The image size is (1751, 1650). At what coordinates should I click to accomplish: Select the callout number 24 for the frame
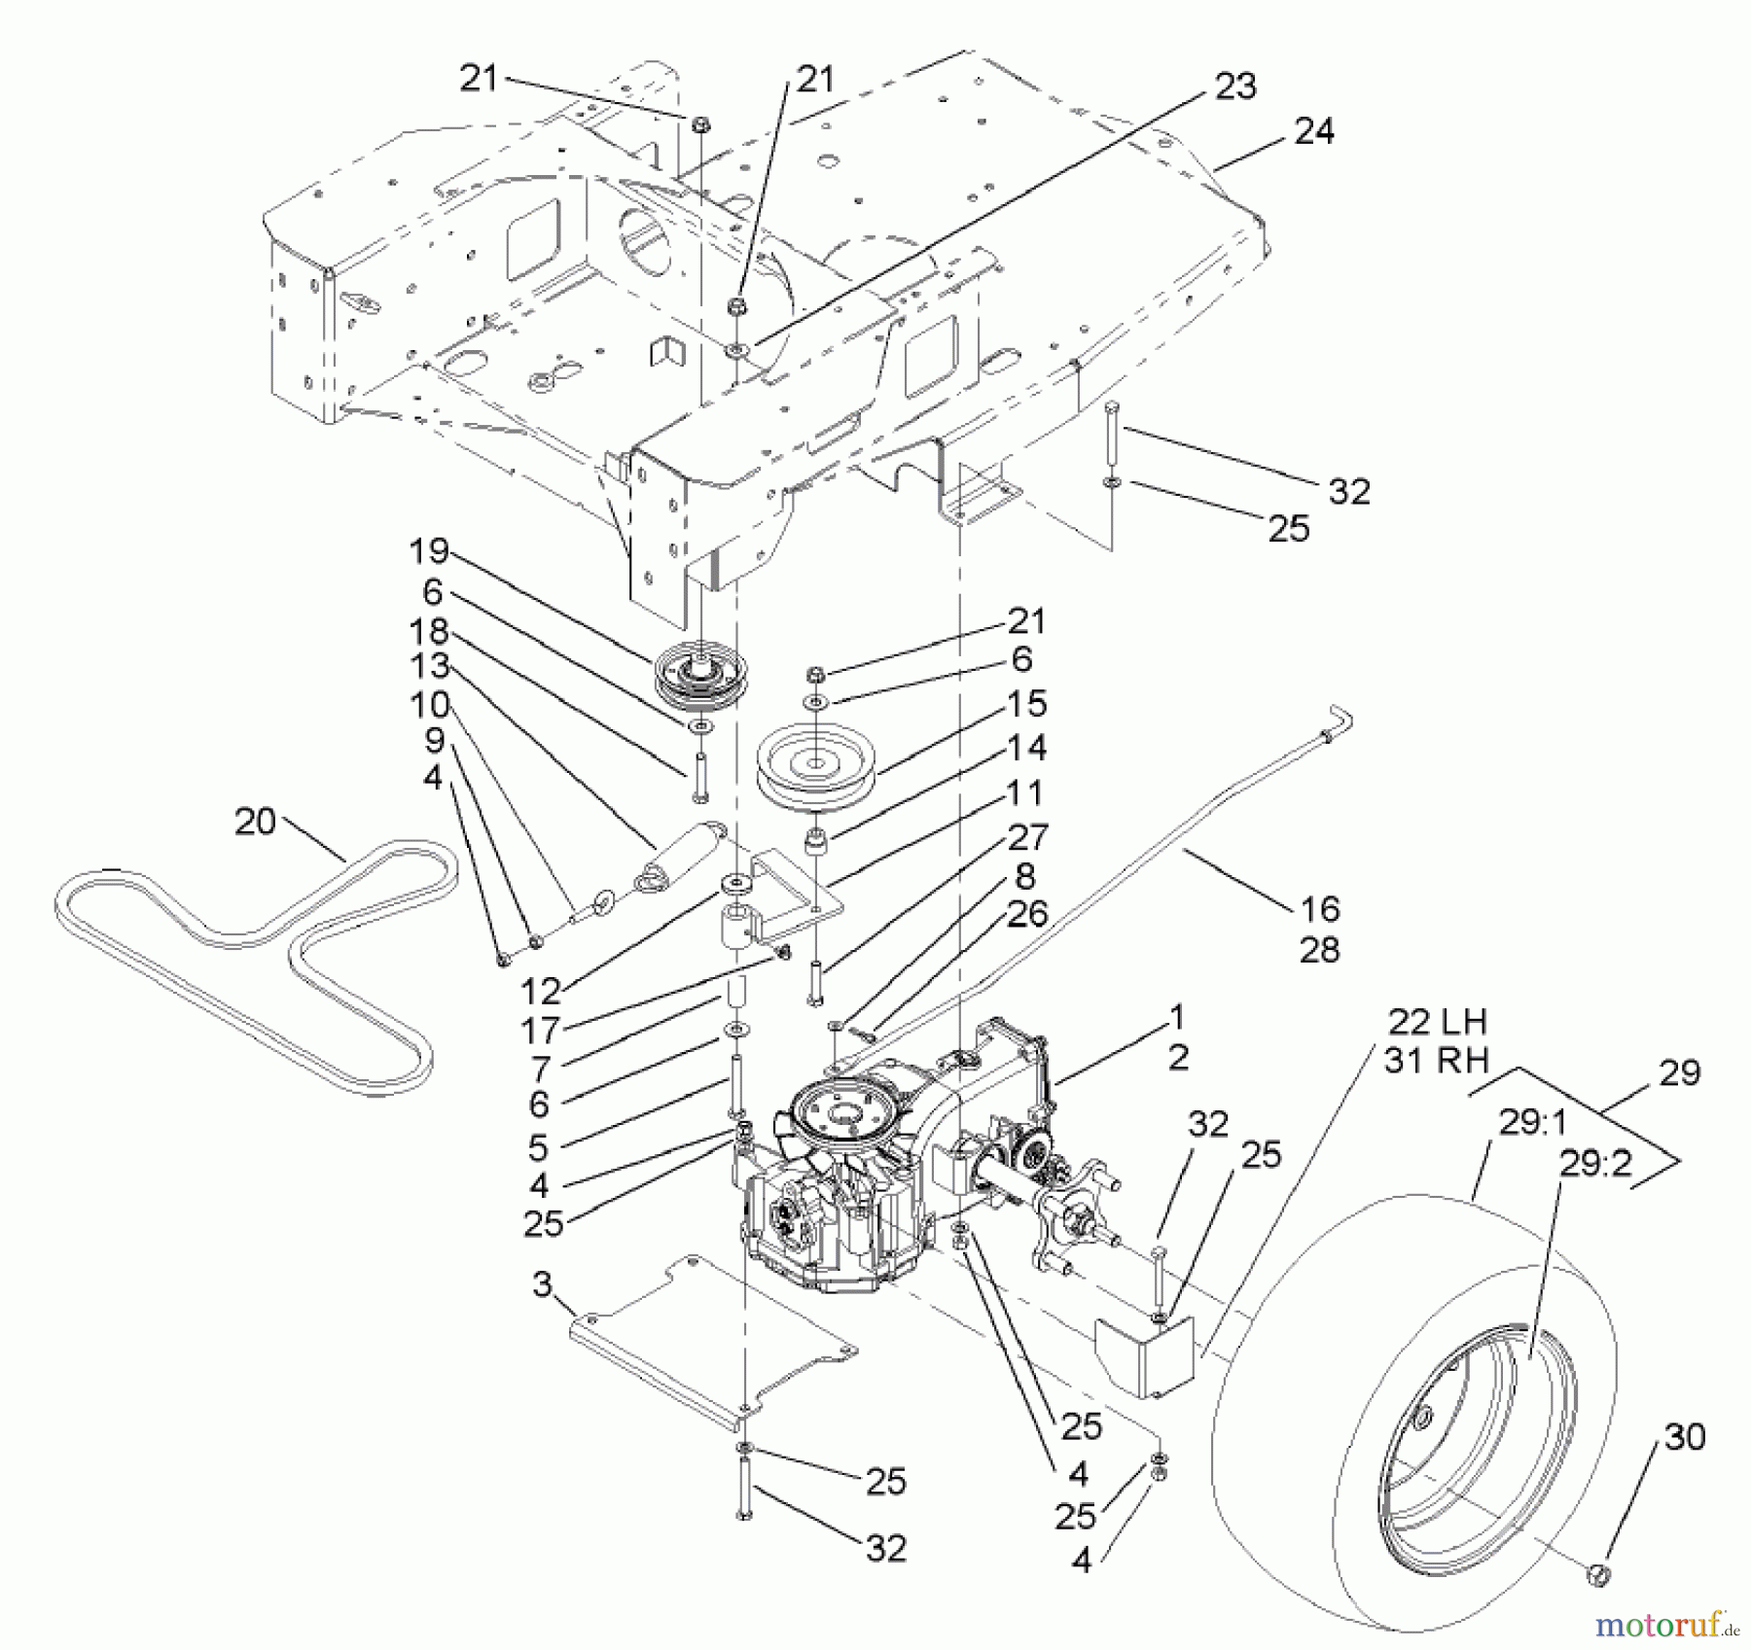(1314, 130)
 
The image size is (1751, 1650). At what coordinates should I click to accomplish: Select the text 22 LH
(1437, 1021)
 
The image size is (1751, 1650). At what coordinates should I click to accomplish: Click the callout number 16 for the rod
(1320, 909)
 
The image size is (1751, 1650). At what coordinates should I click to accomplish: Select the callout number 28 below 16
(1320, 949)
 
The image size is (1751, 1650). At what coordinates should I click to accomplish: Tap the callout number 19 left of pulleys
(428, 551)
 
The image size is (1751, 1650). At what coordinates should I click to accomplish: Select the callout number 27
(1027, 836)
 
